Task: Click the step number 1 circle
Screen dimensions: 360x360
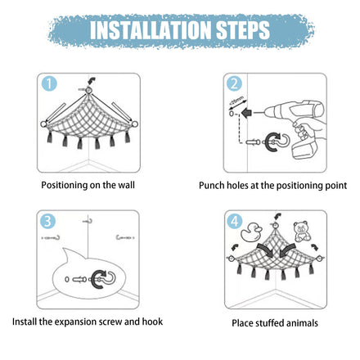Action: pos(49,83)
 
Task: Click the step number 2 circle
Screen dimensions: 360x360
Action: pos(235,83)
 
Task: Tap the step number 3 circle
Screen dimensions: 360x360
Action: pos(47,221)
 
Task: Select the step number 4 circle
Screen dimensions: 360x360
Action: pos(235,221)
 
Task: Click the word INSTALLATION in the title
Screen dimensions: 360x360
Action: pos(151,29)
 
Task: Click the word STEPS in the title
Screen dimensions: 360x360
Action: pos(243,29)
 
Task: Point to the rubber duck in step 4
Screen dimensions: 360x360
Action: pos(250,232)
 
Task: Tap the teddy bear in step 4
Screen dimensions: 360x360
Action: pos(302,232)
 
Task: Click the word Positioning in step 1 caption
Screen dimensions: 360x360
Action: pos(65,185)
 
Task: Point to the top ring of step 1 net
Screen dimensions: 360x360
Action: pos(88,91)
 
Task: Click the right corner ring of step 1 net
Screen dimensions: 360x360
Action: pos(134,124)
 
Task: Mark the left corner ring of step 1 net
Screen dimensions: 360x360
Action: pos(43,124)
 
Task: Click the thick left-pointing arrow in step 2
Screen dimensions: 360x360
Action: pos(248,112)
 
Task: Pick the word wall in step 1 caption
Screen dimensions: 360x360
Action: pos(126,185)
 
